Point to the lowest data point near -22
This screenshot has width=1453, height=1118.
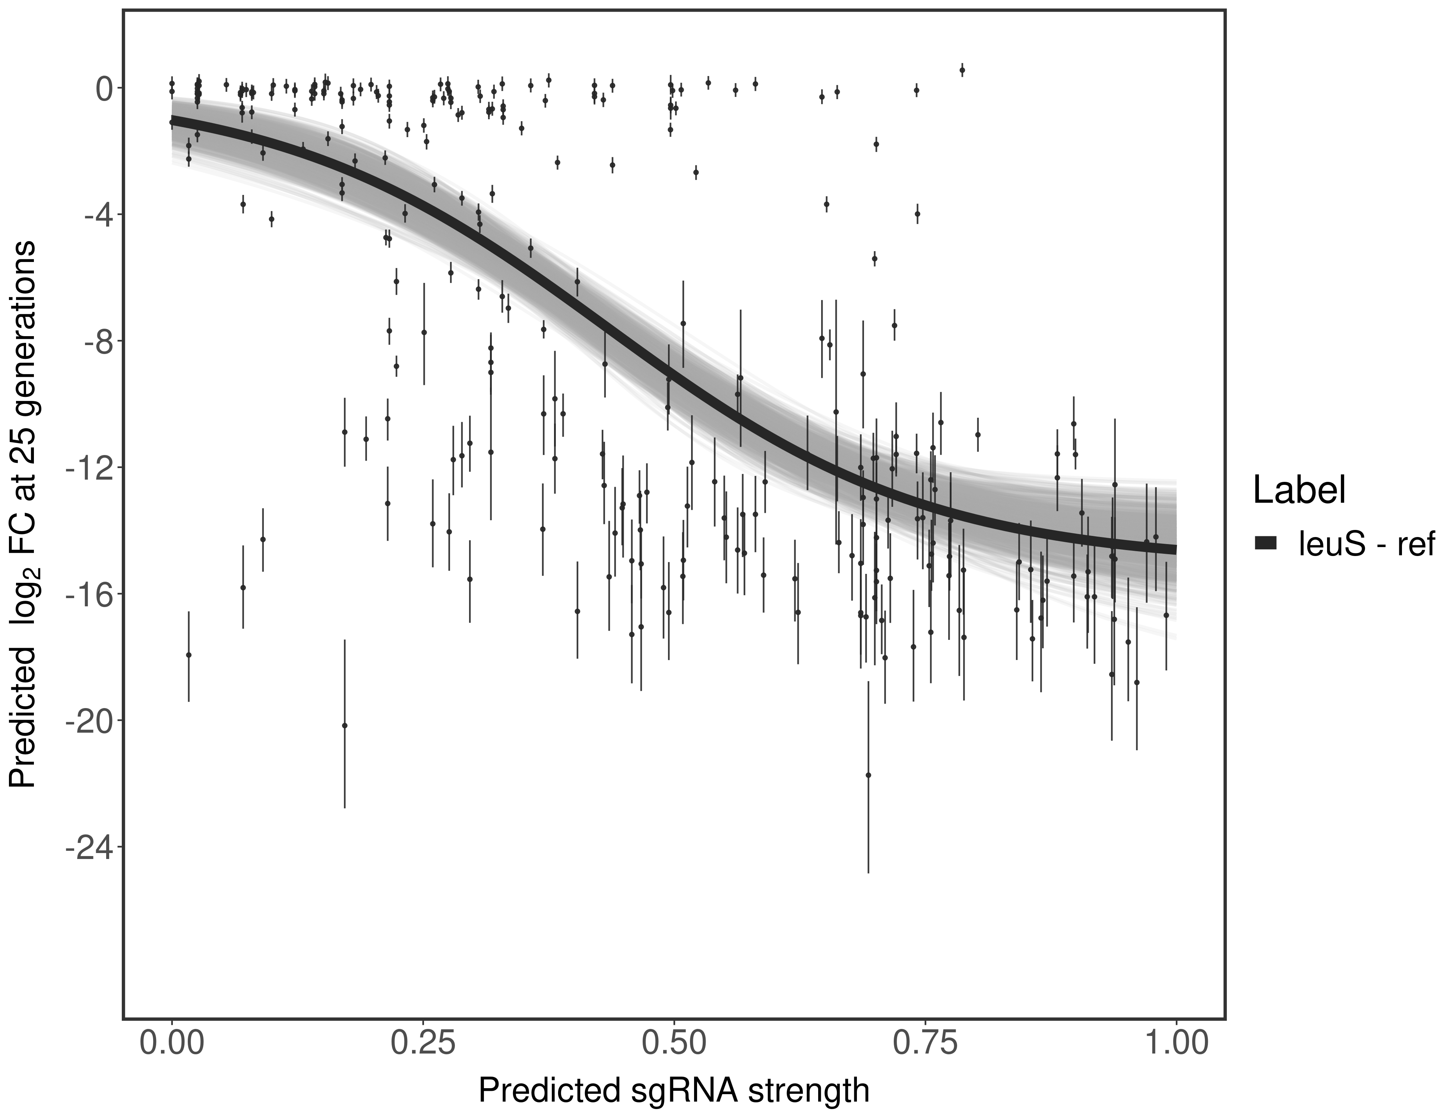tap(868, 775)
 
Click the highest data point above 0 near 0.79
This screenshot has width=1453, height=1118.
tap(962, 70)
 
